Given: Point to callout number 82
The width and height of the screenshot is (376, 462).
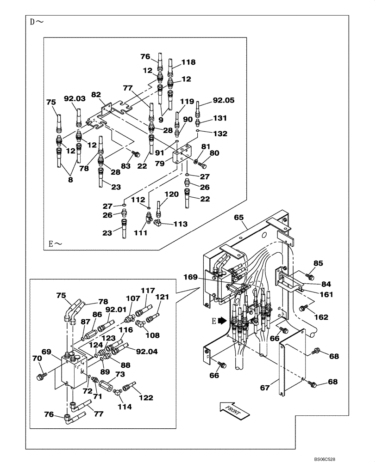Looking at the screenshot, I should click(96, 94).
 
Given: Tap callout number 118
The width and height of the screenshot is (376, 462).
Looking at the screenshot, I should click(188, 62).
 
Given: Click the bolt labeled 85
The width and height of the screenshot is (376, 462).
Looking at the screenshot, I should click(310, 277).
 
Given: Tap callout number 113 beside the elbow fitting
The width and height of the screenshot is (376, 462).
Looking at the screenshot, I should click(181, 224).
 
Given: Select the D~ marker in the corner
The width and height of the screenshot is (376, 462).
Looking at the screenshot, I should click(37, 22).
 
